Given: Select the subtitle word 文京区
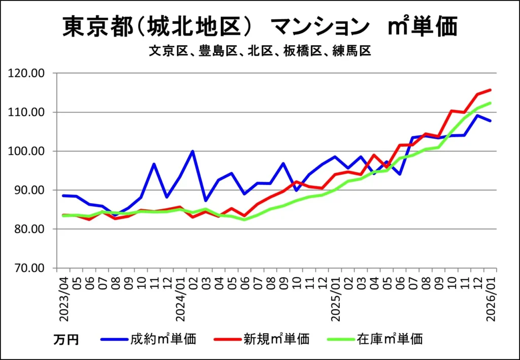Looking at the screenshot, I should (x=164, y=51).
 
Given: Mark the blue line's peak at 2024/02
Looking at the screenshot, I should (x=193, y=151).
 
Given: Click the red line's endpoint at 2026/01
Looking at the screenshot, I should (x=490, y=90).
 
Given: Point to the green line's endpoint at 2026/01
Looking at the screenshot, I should (x=490, y=103).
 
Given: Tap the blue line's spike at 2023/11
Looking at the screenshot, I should (x=154, y=164).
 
